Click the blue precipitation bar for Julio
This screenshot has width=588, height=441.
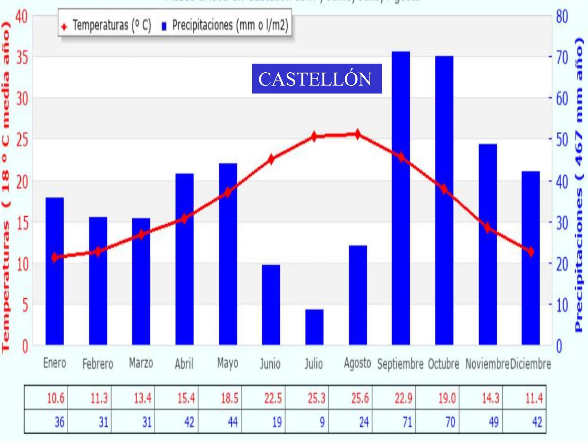pos(314,327)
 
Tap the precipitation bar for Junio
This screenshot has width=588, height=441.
pos(271,304)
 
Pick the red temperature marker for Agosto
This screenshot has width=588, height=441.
pos(357,134)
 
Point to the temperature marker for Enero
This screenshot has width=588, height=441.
pos(55,258)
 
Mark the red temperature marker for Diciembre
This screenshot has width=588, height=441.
pos(531,252)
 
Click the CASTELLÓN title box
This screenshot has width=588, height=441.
pos(317,79)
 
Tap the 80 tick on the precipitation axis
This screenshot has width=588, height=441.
pos(562,17)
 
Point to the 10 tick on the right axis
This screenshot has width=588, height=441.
pos(562,305)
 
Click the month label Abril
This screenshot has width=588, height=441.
pos(184,364)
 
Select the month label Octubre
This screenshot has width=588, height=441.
pos(444,364)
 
